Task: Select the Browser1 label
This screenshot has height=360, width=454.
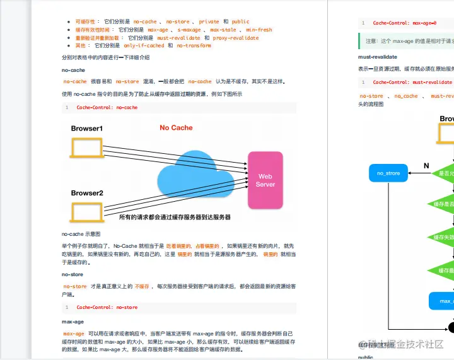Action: pos(86,129)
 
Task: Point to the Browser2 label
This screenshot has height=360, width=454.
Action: pos(86,193)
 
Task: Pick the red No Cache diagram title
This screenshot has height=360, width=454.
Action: pos(176,127)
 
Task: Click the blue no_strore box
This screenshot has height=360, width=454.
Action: pos(388,173)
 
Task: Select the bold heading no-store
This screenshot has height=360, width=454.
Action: pos(73,275)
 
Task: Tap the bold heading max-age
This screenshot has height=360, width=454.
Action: pos(73,322)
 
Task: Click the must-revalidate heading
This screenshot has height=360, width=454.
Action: pos(378,57)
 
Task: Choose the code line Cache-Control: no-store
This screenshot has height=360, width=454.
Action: pos(107,308)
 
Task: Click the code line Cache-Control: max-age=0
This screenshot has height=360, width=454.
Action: pos(404,23)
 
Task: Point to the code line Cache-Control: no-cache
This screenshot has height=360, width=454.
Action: pos(107,107)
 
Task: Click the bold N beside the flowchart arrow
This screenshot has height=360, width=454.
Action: pos(426,166)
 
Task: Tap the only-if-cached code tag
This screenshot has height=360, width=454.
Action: pos(144,46)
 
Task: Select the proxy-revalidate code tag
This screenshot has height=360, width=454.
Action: pos(236,38)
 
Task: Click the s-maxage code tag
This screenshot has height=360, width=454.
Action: pos(189,30)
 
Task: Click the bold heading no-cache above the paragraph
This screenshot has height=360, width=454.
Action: pos(73,70)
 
